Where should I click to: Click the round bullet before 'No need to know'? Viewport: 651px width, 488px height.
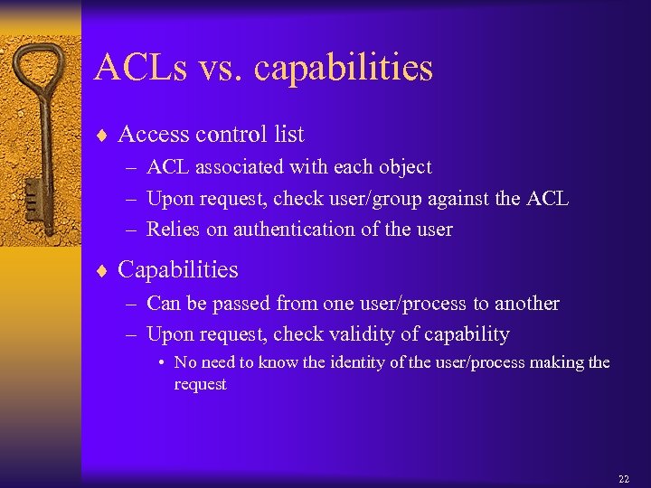point(160,363)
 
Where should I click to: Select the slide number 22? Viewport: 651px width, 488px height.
point(623,478)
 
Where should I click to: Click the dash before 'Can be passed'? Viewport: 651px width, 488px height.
point(132,305)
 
